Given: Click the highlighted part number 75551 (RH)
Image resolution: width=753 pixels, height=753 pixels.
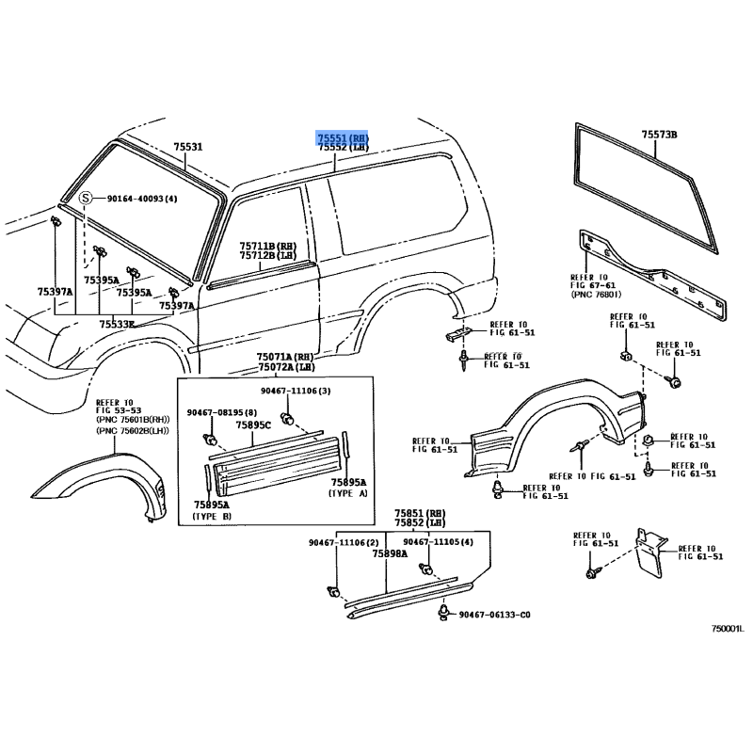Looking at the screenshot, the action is pos(343,138).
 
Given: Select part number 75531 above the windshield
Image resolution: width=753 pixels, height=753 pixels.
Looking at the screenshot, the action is pos(187,147).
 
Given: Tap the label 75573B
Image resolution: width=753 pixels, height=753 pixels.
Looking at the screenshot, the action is pos(660,135).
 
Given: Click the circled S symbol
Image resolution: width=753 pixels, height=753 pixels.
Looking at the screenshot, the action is pos(85,198).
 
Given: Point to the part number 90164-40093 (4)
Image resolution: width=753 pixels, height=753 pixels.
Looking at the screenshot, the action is pos(142,199).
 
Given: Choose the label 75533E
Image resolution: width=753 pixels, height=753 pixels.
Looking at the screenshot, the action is pos(117,324).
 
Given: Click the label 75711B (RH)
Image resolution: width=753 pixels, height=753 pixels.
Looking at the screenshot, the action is pos(268,247).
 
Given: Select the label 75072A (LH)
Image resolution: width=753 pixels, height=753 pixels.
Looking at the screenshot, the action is pos(286,367).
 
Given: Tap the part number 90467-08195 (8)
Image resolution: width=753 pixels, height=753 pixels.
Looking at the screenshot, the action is pos(222,412).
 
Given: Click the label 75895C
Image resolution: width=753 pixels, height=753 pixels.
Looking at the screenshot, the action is pos(253,425).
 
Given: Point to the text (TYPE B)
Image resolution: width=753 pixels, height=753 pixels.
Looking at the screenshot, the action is pos(212,516).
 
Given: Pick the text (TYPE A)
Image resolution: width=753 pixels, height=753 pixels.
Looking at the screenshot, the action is pos(347,493).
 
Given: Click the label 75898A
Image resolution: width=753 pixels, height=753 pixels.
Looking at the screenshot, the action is pos(390,553).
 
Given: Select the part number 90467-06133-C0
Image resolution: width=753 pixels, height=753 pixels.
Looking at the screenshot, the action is pos(495,615).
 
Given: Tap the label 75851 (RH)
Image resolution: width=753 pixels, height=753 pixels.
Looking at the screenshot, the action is pos(420,513).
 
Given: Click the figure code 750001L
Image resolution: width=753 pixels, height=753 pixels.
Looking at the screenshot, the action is pos(728,629).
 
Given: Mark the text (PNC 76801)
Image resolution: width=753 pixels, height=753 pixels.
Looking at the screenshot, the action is pos(596,294).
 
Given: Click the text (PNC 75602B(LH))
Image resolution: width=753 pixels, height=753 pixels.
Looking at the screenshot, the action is pos(133,431).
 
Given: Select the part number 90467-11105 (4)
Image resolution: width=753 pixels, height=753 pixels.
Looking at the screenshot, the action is pos(438,542).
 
